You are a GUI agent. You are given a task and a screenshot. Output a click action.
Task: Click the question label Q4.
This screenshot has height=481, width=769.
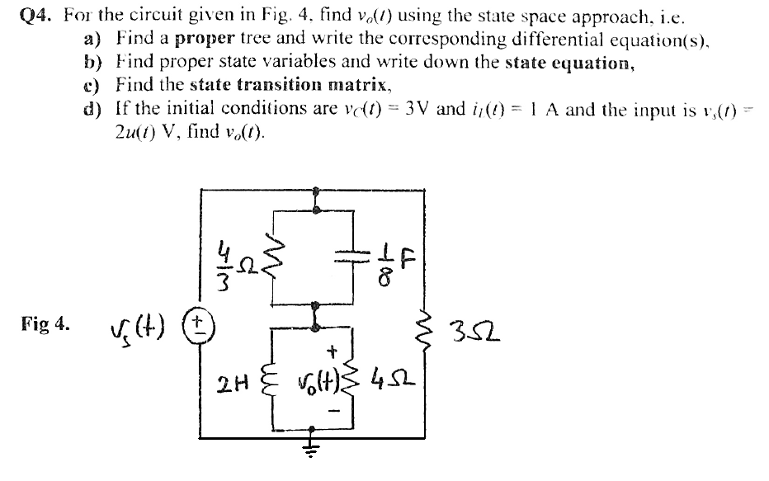pos(35,15)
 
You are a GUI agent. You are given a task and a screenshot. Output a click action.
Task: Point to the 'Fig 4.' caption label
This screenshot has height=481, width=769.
pos(47,323)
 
